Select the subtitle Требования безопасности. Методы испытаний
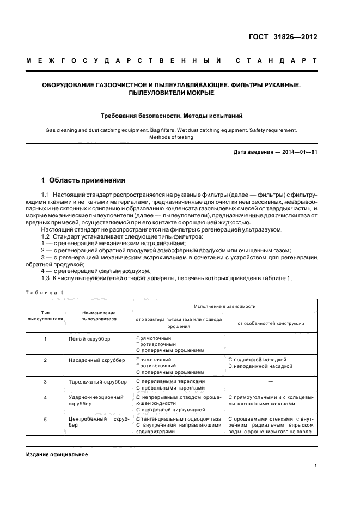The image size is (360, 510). [x=172, y=116]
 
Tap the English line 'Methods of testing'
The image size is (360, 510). [x=171, y=137]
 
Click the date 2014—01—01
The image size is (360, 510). [x=299, y=152]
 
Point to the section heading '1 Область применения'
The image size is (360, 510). [x=83, y=180]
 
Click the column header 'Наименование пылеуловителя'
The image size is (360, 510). [x=99, y=315]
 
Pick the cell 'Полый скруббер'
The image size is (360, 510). [x=89, y=339]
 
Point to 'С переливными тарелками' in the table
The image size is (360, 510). [x=170, y=381]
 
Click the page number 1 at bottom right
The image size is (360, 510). [x=315, y=465]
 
